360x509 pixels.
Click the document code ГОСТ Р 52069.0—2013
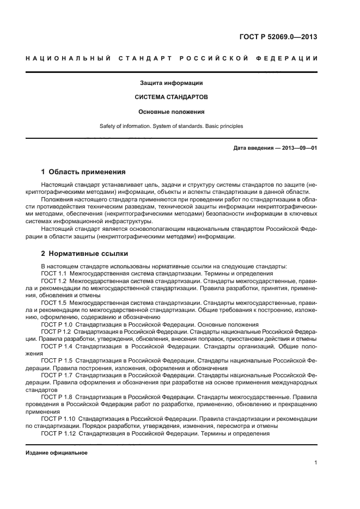tap(278, 37)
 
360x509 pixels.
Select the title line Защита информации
tap(171, 83)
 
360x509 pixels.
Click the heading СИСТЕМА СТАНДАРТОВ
tap(171, 97)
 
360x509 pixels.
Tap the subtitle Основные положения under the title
tap(171, 112)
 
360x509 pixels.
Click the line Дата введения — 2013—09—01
tap(275, 148)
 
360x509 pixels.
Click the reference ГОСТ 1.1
tap(53, 273)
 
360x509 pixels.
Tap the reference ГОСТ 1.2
tap(53, 280)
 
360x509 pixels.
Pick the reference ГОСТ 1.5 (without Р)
tap(53, 302)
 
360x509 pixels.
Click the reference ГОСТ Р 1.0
tap(57, 324)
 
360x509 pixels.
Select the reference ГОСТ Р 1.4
tap(57, 346)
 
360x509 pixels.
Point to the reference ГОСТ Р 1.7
tap(57, 375)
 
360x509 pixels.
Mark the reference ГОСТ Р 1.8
tap(57, 397)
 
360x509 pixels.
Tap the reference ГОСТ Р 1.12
tap(58, 433)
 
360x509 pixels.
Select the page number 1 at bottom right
tap(315, 463)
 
